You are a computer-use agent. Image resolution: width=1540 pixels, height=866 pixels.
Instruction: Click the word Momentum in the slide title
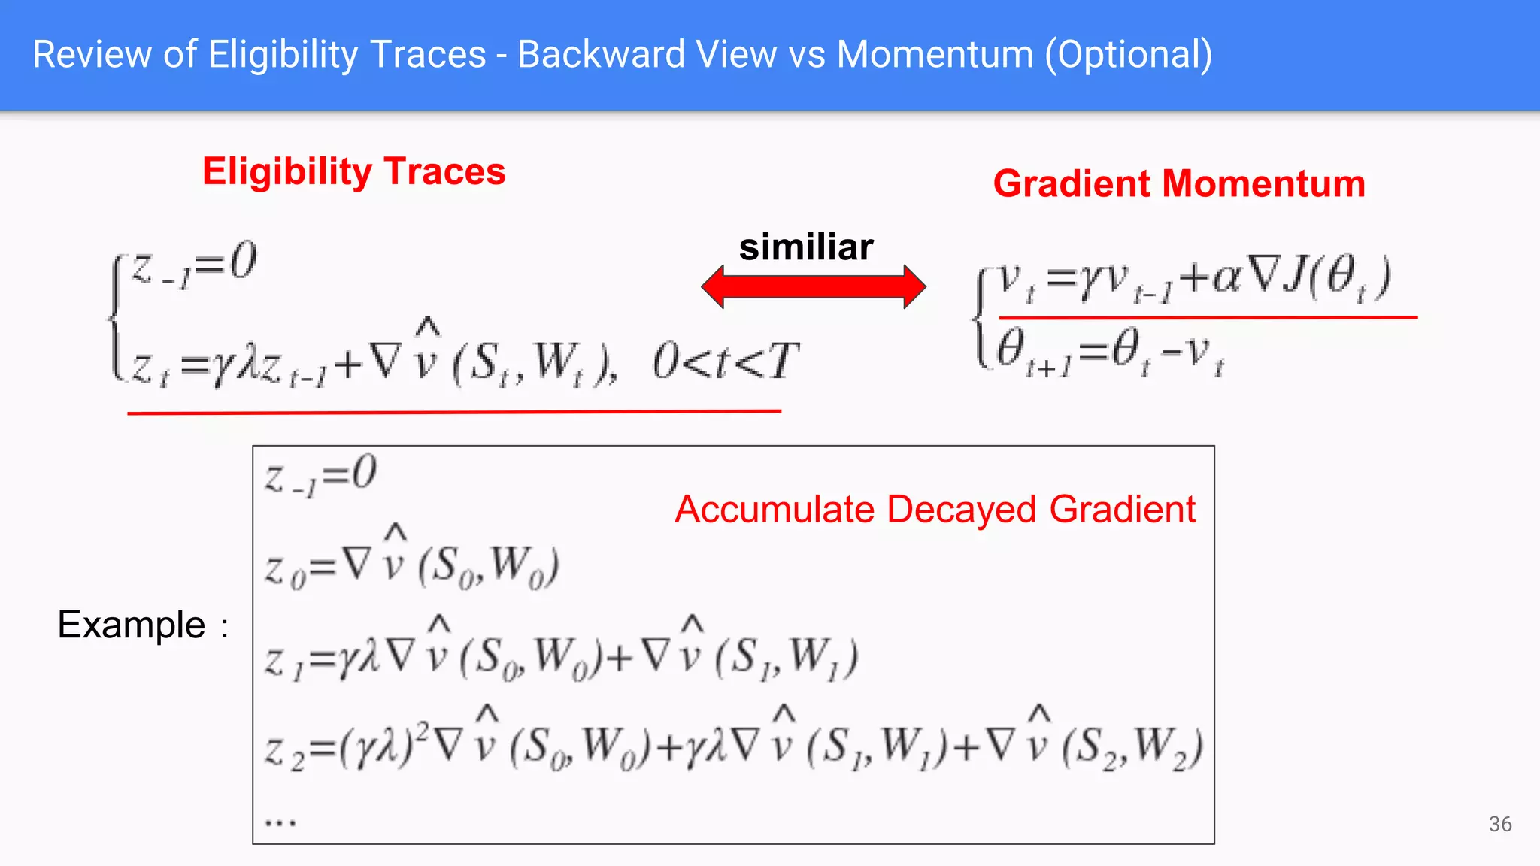[935, 55]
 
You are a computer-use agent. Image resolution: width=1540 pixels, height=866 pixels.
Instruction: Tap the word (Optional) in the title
[1128, 55]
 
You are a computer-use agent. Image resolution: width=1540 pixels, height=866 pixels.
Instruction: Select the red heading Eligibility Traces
[353, 171]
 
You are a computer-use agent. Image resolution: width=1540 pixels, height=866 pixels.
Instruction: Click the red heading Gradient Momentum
[1179, 183]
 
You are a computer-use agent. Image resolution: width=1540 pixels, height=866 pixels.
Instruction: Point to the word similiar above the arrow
[806, 247]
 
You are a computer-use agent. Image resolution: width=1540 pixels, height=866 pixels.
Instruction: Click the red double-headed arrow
[813, 286]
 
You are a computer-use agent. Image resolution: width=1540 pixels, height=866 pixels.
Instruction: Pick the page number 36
[1499, 824]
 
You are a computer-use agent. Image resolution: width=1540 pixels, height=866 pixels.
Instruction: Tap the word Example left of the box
[132, 625]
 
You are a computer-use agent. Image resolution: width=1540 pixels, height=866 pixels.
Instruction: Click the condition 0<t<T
[724, 362]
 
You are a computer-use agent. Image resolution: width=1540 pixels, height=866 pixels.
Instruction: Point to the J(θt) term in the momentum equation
[1337, 277]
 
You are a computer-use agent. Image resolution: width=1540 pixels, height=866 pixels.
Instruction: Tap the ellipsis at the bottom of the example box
[280, 822]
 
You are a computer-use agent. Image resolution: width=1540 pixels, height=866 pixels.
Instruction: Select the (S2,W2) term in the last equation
[1132, 748]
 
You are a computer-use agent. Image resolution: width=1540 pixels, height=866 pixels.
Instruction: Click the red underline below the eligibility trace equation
[454, 412]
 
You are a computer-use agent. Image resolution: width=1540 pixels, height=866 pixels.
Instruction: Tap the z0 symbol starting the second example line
[285, 571]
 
